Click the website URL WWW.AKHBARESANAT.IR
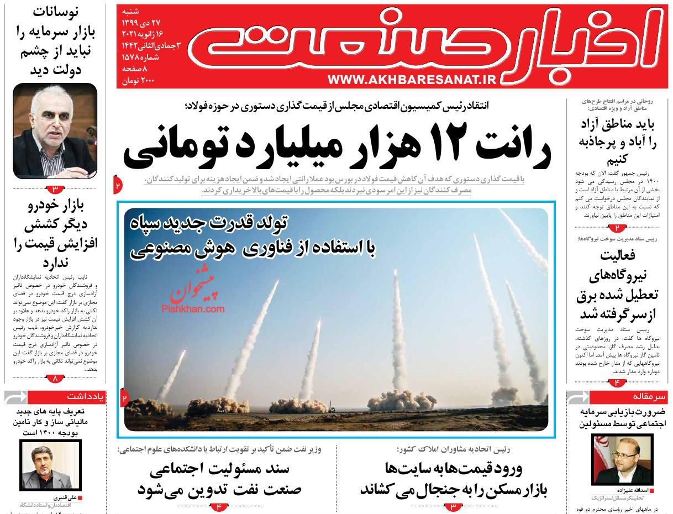coord(413,80)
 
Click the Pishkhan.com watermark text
coord(193,310)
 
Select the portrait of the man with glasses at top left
coord(55,130)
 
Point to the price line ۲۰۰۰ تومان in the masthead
coord(138,81)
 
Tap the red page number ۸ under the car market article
coord(55,379)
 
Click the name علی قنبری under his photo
coord(65,497)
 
